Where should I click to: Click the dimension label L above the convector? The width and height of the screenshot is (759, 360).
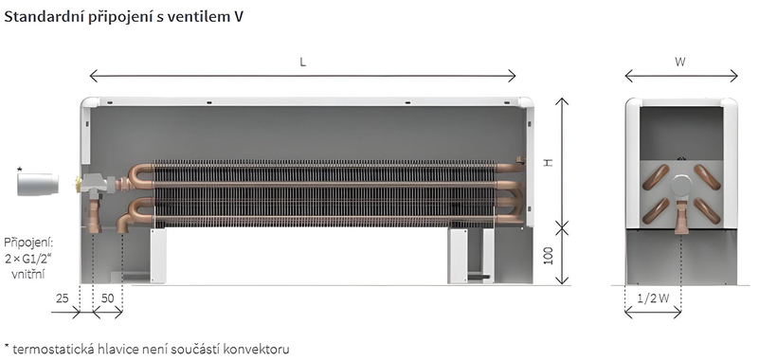[x=302, y=62]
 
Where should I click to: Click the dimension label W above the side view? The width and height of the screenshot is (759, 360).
[x=680, y=62]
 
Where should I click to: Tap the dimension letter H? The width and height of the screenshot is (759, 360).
[x=548, y=162]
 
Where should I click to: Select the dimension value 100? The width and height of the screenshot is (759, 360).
[x=548, y=256]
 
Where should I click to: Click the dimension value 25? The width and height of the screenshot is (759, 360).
[x=63, y=298]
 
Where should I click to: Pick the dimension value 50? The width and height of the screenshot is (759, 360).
[x=107, y=298]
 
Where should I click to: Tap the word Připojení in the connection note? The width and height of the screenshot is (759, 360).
[x=27, y=243]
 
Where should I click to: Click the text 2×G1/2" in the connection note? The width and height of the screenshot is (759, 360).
[x=28, y=259]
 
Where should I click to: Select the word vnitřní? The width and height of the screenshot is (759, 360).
[x=28, y=274]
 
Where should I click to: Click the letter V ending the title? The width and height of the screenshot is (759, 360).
[x=237, y=18]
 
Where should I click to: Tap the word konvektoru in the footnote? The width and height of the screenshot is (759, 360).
[x=259, y=348]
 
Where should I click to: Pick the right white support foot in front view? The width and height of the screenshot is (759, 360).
[x=458, y=255]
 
